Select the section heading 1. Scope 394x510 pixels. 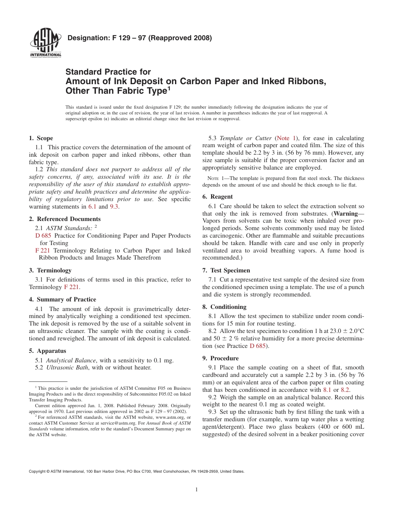(x=41, y=138)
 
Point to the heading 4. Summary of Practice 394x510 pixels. (x=62, y=299)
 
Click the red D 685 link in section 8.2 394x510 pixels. (x=258, y=346)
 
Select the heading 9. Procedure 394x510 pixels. (x=221, y=358)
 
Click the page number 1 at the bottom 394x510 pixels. (x=197, y=490)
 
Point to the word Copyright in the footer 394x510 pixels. (x=38, y=471)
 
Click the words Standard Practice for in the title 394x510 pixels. (x=108, y=72)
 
